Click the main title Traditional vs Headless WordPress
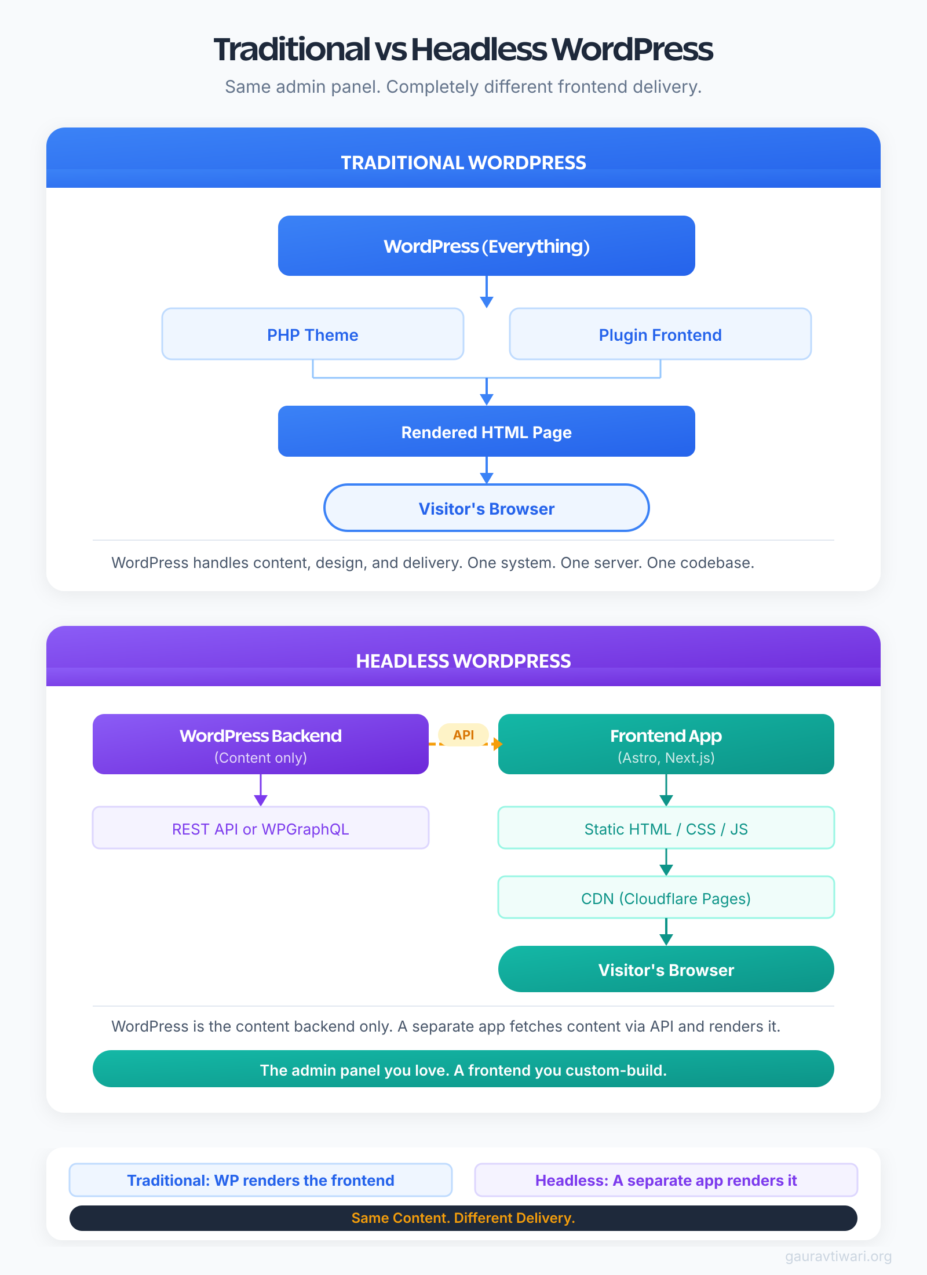pos(463,49)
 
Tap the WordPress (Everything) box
pos(486,246)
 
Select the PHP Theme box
pos(312,334)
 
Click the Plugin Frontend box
pos(660,334)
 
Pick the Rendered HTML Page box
pos(486,432)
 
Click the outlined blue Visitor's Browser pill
pos(486,508)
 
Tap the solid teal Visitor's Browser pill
pos(666,970)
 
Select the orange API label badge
pos(463,735)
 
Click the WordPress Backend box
pos(260,744)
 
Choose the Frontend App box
pos(666,744)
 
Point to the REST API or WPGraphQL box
pos(260,829)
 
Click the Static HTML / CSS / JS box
pos(666,829)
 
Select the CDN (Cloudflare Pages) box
pos(666,898)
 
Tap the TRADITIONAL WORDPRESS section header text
pos(463,163)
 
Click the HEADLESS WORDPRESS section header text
pos(463,661)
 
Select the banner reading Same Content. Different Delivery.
pos(463,1218)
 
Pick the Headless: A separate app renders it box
pos(666,1180)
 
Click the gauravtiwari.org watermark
pos(838,1256)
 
